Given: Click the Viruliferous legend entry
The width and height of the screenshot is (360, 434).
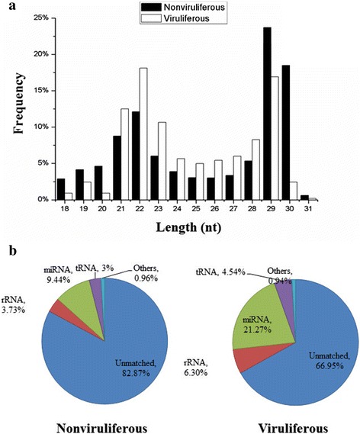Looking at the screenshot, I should (x=180, y=18).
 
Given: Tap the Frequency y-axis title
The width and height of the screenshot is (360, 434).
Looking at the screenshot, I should (x=13, y=107).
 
